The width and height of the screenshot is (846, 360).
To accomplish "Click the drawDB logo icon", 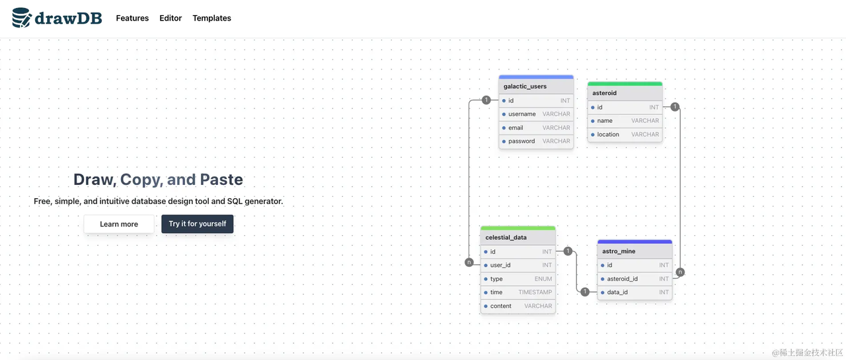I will point(21,18).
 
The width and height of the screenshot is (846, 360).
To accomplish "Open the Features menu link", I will point(132,18).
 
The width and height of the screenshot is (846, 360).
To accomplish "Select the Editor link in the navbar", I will point(171,18).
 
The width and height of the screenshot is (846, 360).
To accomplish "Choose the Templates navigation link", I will point(211,18).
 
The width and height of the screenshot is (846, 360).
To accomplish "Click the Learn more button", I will point(119,224).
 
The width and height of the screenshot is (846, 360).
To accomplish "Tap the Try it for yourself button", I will point(197,224).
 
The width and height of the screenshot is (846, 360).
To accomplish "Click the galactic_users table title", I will point(525,87).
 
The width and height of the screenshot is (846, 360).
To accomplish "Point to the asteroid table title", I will point(604,93).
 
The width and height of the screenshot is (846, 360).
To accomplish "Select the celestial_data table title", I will point(506,237).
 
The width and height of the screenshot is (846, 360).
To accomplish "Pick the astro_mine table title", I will point(619,251).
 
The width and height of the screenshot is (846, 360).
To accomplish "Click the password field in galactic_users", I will point(521,141).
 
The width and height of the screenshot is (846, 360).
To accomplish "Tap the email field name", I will point(516,127).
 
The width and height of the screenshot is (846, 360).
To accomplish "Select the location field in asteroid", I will point(608,135).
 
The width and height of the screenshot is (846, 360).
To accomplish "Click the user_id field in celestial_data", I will point(500,266).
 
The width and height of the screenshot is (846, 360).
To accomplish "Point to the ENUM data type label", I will point(543,279).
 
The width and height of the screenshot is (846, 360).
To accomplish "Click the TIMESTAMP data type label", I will point(535,293).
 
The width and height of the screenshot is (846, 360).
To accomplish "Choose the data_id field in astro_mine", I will point(617,293).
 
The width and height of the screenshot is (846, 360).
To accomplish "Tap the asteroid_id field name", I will point(622,279).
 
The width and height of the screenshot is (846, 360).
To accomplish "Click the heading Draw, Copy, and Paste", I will point(158,180).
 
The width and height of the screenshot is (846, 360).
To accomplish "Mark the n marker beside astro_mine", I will point(680,271).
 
